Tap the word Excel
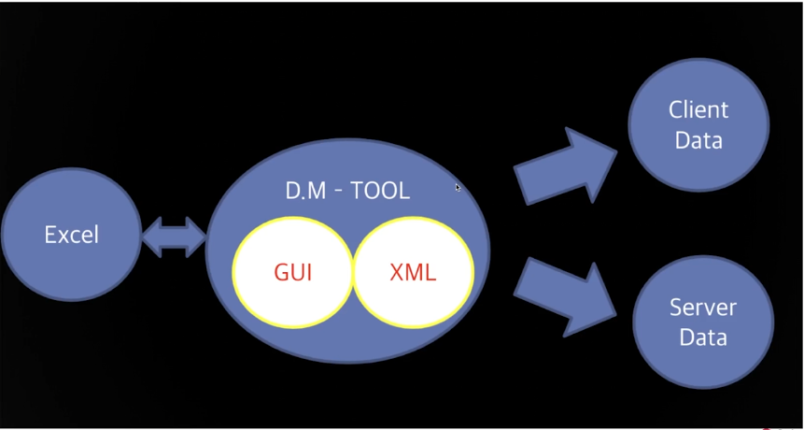coord(71,235)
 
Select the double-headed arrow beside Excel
coord(174,236)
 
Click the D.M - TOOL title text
coord(347,191)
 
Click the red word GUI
coord(293,273)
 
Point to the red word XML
coord(413,273)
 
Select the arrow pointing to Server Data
coord(565,294)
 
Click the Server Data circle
coord(703,322)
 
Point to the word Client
coord(698,110)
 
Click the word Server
coord(703,307)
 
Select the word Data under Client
coord(698,141)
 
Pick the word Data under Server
coord(703,337)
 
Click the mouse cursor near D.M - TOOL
coord(458,188)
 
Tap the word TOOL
coord(380,191)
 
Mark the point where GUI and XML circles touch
coord(353,272)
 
